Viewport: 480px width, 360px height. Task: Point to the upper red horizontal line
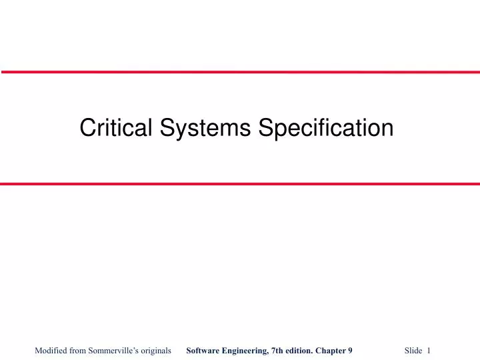coord(240,72)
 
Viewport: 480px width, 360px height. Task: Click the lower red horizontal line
coord(240,183)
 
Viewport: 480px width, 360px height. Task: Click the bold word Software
coord(204,350)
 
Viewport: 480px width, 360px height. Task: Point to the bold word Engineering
coord(248,350)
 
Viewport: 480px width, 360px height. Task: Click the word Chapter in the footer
coord(331,350)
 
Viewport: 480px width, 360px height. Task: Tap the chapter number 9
coord(351,350)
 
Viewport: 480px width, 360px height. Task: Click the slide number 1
coord(429,350)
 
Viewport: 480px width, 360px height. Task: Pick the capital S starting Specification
coord(265,128)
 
